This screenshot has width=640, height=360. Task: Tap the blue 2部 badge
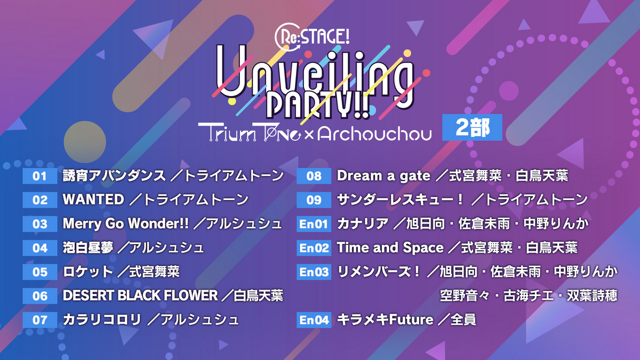point(472,128)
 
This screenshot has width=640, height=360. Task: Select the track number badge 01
point(40,176)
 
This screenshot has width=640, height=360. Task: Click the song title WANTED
point(93,200)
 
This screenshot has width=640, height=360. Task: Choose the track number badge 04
point(40,248)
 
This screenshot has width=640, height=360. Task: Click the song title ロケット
point(88,272)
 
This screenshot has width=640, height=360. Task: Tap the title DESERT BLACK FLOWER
point(140,295)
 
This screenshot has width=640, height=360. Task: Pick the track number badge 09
point(314,200)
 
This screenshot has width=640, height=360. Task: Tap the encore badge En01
point(314,224)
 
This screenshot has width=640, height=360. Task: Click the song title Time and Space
point(390,248)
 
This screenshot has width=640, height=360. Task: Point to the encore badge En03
point(314,272)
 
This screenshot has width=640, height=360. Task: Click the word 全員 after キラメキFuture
point(463,319)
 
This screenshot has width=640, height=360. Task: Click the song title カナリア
point(363,224)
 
